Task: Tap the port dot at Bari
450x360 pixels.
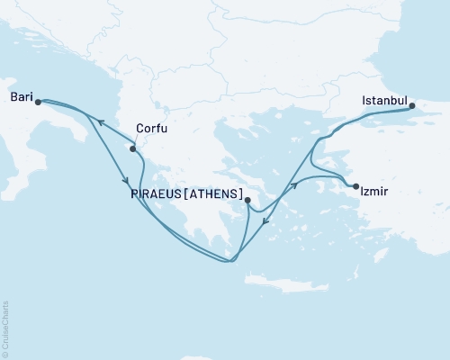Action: (x=38, y=103)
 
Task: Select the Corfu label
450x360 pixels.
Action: (x=149, y=128)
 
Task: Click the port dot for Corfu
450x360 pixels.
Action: (x=133, y=149)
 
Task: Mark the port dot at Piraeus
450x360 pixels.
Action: (x=247, y=202)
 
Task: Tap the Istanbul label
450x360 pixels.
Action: (x=384, y=99)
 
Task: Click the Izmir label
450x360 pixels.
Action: (x=373, y=192)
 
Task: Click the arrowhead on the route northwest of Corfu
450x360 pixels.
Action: (x=101, y=123)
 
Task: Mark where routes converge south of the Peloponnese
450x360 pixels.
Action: (x=230, y=262)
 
